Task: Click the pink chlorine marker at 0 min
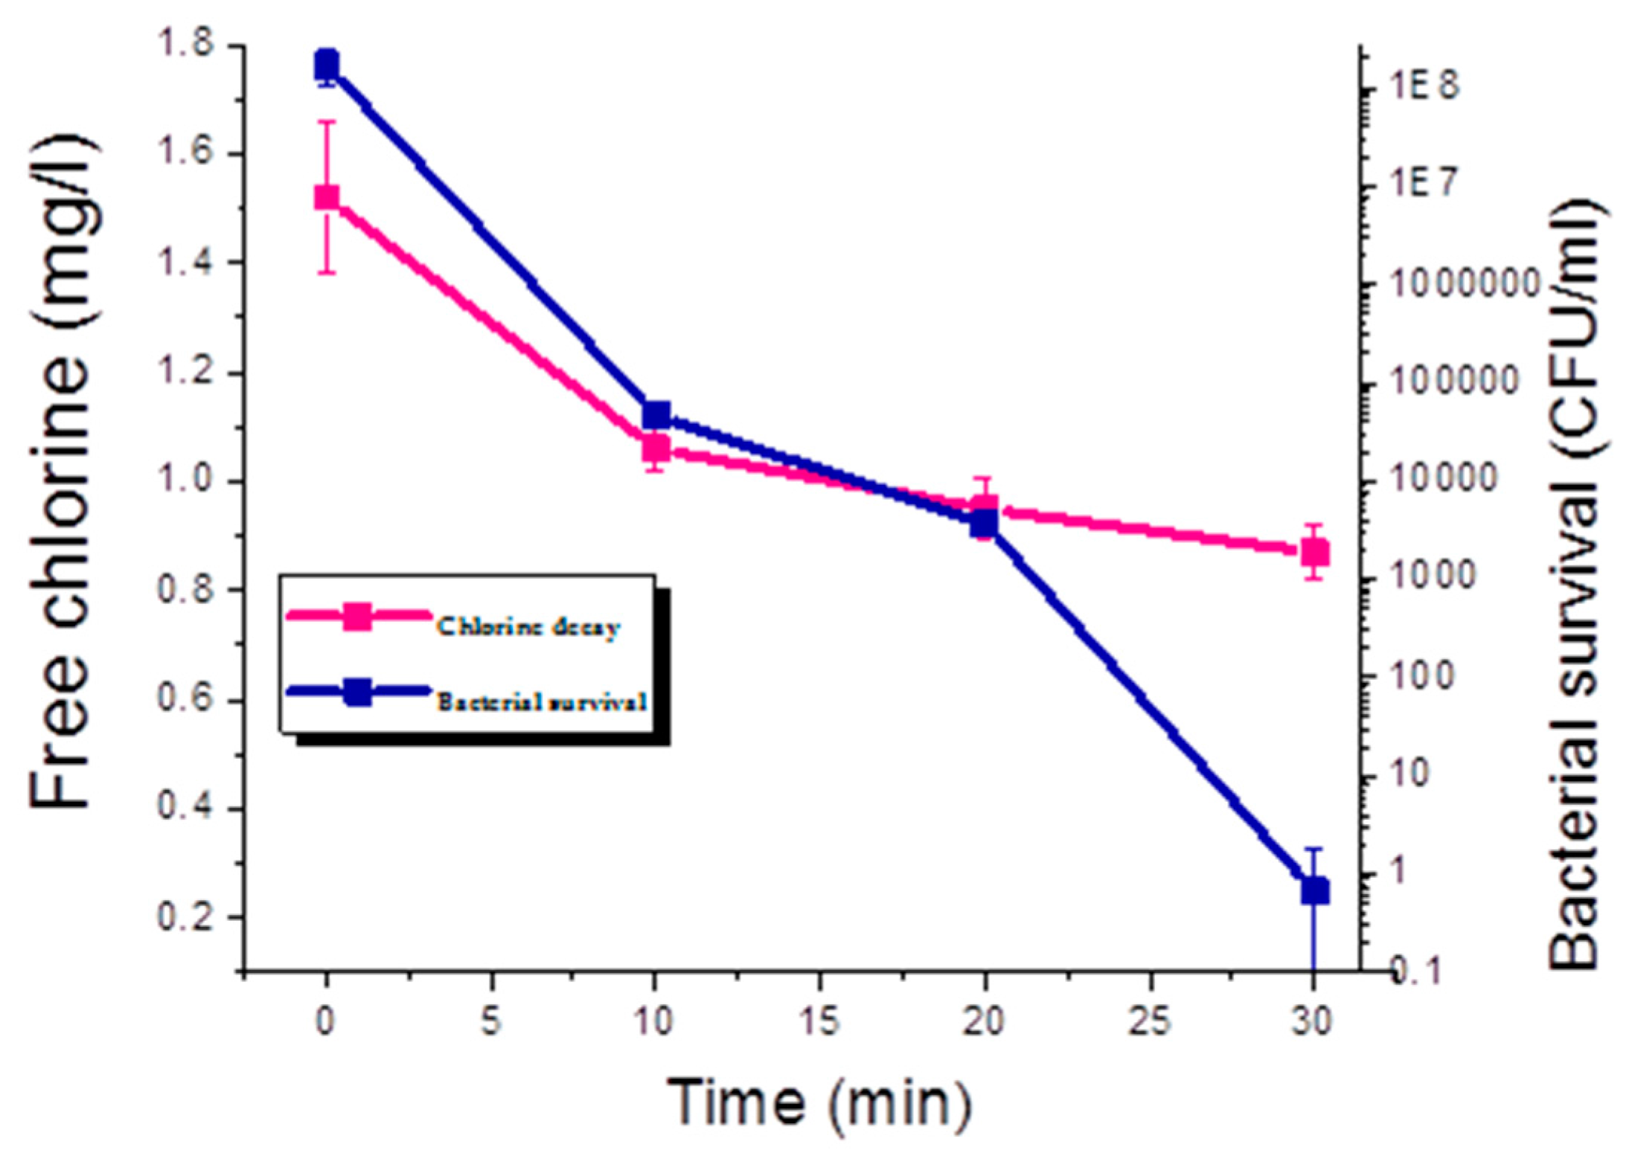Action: pyautogui.click(x=326, y=197)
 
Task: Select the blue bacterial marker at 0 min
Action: pyautogui.click(x=326, y=65)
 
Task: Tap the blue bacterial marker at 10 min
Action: pyautogui.click(x=656, y=414)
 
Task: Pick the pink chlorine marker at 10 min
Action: pyautogui.click(x=656, y=449)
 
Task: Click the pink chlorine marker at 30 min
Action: pyautogui.click(x=1315, y=553)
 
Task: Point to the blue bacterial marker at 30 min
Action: pyautogui.click(x=1315, y=890)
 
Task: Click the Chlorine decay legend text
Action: pyautogui.click(x=528, y=626)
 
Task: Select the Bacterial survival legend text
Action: pyautogui.click(x=542, y=701)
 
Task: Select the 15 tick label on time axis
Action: pyautogui.click(x=820, y=1022)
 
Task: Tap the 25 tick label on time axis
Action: pyautogui.click(x=1151, y=1022)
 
